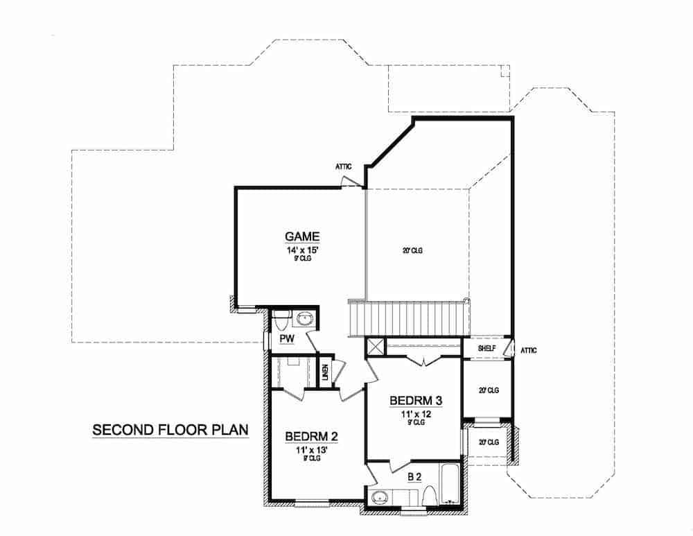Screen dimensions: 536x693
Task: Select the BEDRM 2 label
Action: [311, 436]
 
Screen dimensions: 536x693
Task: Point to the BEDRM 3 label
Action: [416, 400]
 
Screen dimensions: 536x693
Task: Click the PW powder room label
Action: [287, 338]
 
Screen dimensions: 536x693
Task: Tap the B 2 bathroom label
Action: [415, 476]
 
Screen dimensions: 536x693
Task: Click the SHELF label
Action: [487, 348]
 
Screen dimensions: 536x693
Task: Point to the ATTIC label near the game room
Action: [344, 166]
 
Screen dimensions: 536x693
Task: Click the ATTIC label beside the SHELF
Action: [529, 351]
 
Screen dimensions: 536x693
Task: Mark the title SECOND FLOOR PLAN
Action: [170, 430]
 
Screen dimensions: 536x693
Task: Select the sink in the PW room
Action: [305, 319]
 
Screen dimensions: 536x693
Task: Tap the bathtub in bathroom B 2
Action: [450, 492]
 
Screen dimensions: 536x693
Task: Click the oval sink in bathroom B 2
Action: [379, 498]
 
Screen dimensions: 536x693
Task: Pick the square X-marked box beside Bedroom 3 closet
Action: [375, 347]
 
